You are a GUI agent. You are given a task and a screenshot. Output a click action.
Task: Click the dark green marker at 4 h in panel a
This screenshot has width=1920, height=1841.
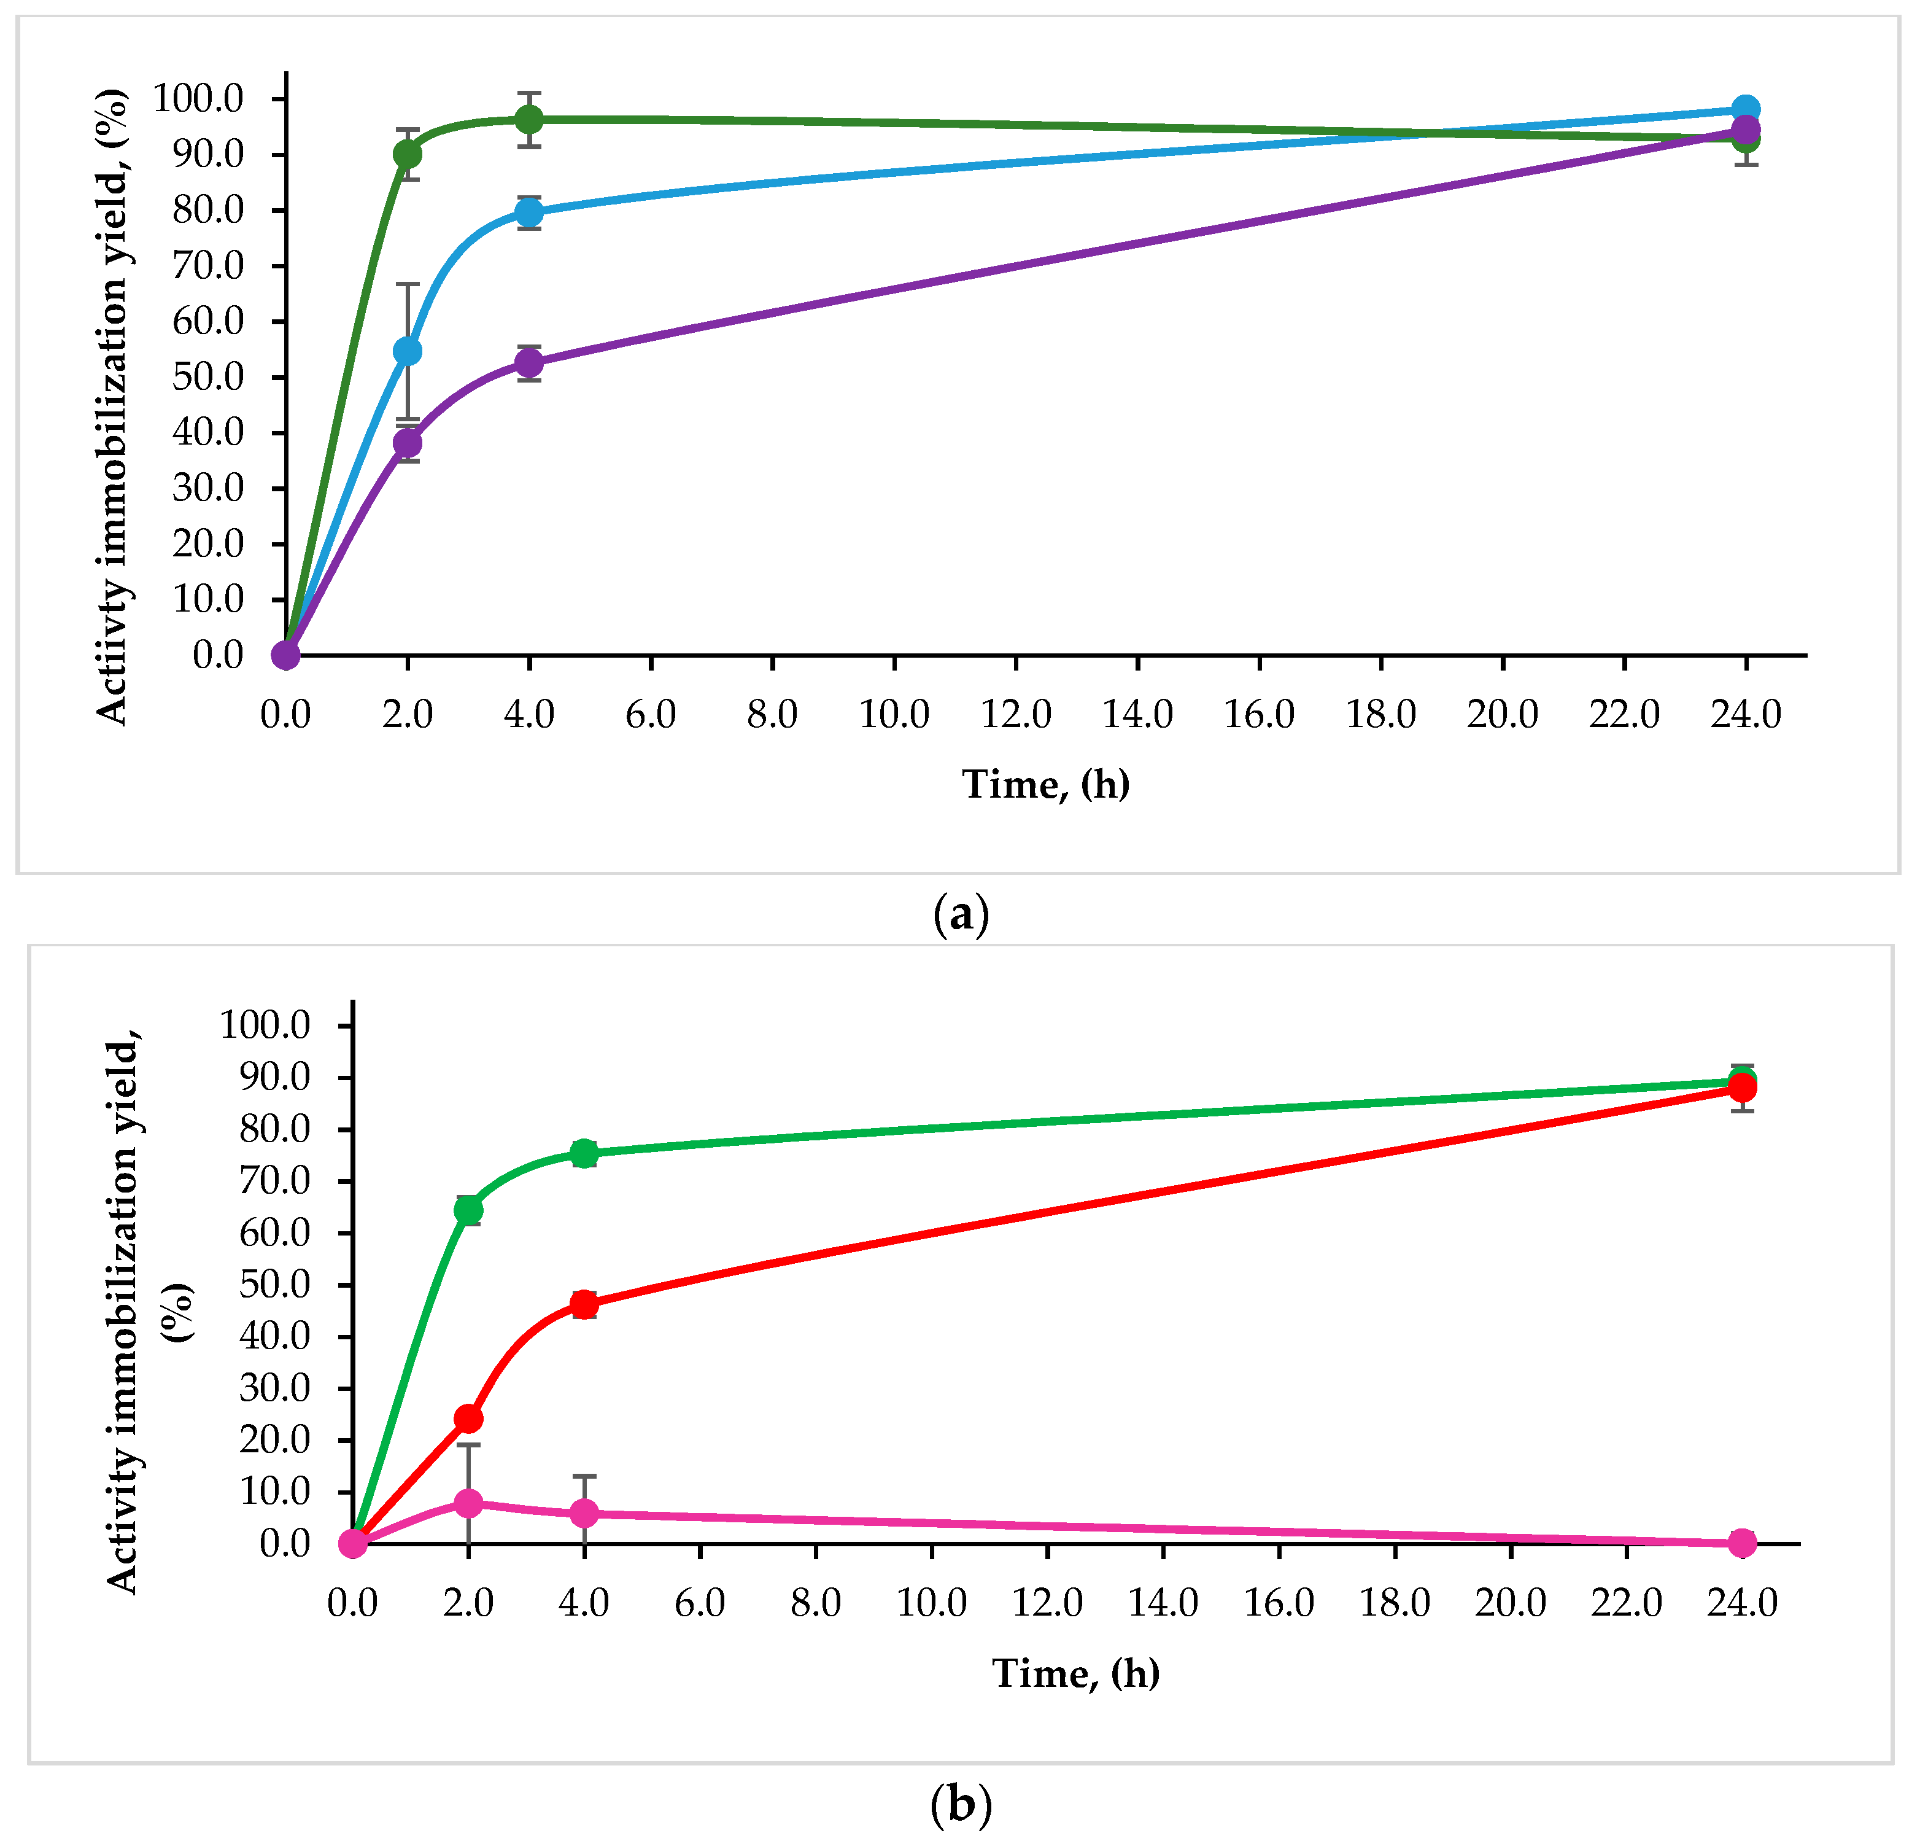[529, 120]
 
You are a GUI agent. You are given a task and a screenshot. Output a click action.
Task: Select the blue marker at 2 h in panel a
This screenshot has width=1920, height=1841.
[408, 351]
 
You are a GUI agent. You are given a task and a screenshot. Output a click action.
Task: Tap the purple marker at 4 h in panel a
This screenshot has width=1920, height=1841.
[529, 364]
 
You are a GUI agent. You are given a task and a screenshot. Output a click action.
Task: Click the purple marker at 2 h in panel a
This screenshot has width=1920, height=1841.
[408, 443]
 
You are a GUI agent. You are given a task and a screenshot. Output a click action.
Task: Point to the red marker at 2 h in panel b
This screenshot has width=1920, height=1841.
[468, 1418]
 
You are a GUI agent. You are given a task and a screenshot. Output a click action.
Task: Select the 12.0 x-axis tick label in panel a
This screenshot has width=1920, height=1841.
[1016, 714]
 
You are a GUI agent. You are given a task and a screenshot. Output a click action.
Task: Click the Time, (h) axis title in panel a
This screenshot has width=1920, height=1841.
[1045, 784]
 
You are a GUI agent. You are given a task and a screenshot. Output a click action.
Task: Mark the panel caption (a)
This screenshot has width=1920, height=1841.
[961, 914]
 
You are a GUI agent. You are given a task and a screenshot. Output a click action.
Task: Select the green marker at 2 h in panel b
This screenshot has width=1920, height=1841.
[468, 1210]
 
